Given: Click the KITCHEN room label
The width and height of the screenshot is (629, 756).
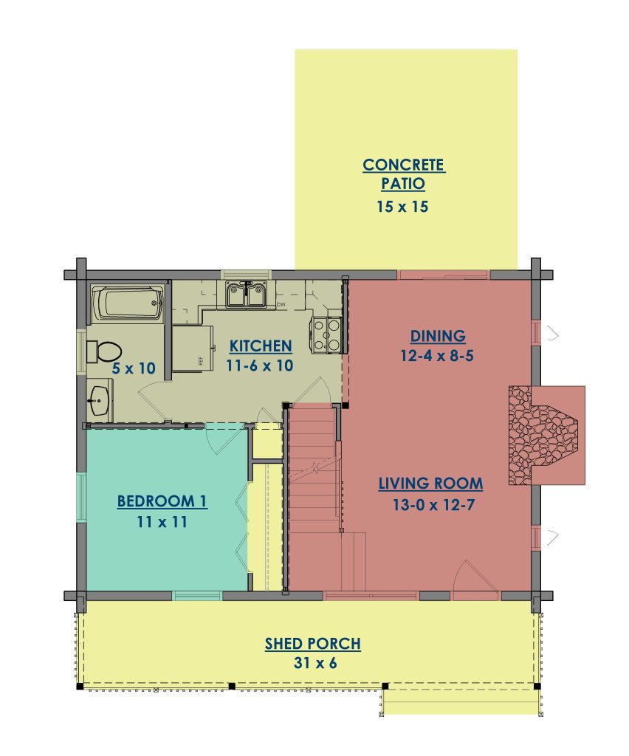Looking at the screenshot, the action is tap(261, 346).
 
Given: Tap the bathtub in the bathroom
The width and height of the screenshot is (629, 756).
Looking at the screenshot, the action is tap(127, 303).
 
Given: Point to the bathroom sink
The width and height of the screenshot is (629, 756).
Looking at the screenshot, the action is tap(100, 400).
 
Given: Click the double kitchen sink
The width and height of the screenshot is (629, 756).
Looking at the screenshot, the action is tap(247, 294).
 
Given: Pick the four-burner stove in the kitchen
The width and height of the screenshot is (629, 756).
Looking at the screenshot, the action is tap(327, 334).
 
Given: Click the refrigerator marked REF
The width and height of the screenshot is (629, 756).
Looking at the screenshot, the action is tap(193, 348).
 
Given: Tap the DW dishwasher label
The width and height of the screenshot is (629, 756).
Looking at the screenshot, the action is tap(281, 305).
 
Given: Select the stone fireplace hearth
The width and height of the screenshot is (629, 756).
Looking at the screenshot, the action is tap(543, 435).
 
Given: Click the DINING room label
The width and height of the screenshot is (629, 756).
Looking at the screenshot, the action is tap(438, 336).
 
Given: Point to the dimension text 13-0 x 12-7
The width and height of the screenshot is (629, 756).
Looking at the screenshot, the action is tap(434, 505).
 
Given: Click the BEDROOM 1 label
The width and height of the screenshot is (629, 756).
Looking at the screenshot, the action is tap(162, 501).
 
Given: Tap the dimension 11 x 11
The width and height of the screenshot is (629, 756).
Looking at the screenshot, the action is tap(162, 522).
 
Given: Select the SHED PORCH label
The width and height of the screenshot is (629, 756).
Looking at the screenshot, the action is tap(313, 644).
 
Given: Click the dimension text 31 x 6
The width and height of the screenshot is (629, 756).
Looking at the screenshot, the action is tap(315, 663).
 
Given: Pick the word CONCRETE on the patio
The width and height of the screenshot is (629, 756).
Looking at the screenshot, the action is tap(403, 165).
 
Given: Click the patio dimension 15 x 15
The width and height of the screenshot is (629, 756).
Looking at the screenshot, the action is tap(402, 207).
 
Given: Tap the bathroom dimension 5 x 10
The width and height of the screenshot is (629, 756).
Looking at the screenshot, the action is tap(134, 368).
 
